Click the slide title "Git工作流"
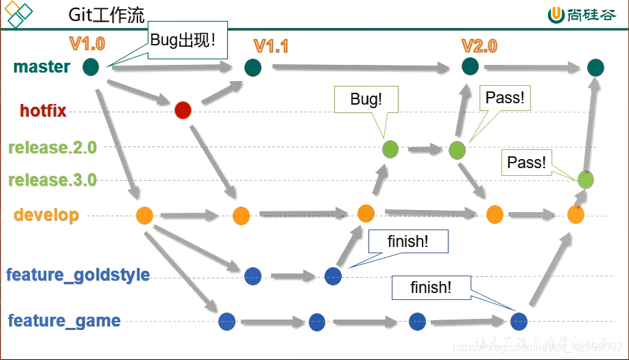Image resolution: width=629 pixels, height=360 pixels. coord(107,15)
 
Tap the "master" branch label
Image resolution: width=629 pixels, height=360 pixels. coord(42,67)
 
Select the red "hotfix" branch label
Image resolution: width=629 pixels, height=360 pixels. coord(43,110)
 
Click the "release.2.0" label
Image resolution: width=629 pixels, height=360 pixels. coord(52,147)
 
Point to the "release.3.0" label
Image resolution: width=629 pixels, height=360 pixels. coord(52,180)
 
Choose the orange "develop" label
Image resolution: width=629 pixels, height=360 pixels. coord(46,215)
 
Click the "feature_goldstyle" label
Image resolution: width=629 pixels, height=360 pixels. coord(78,275)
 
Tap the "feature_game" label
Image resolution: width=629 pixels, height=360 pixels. coord(64,321)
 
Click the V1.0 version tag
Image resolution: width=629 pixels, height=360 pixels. coord(87,44)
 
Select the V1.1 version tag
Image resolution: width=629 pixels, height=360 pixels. coord(271,46)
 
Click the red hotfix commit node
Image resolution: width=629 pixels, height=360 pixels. coord(183,110)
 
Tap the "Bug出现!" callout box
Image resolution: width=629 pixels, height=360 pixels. coord(183,40)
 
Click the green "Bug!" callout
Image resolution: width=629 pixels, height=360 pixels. coord(366,99)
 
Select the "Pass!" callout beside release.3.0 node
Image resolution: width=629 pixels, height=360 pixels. coord(526,163)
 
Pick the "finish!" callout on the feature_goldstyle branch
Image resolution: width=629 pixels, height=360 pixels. coord(408,241)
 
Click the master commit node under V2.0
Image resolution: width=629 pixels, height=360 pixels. coord(470,66)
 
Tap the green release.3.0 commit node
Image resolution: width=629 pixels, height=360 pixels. coord(585,180)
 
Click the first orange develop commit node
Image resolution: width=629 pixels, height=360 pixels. coord(144,215)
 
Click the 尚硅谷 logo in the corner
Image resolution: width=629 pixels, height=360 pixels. coord(582,15)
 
